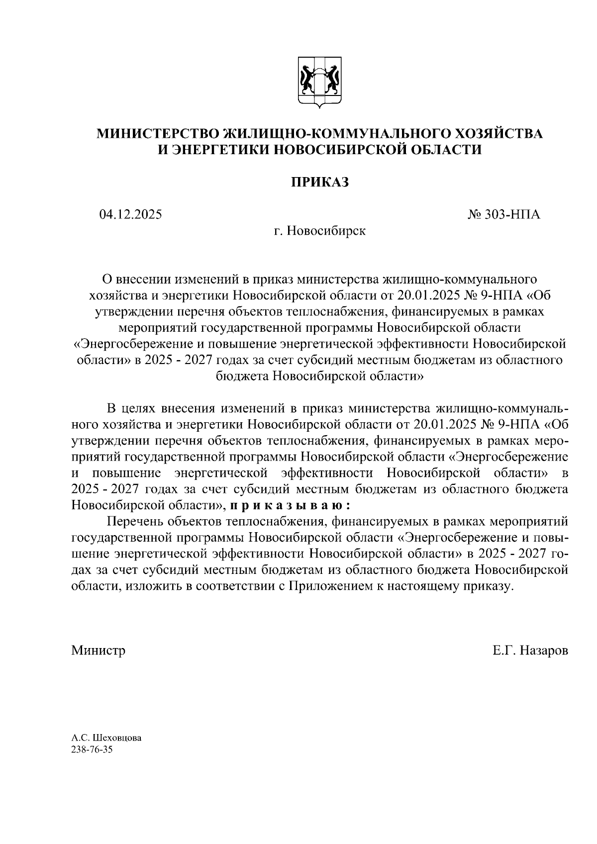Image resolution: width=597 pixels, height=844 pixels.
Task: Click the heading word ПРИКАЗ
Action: pos(319,183)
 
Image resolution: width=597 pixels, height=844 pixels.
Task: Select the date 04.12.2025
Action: pos(130,215)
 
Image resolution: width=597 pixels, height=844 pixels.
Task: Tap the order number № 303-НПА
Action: pos(503,215)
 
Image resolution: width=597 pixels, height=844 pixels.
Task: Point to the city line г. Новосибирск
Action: pos(319,231)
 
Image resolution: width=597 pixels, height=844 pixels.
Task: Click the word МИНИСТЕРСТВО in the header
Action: pos(158,133)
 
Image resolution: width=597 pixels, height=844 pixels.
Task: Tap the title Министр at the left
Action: pos(98,651)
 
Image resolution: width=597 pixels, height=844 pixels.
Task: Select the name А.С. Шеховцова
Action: pos(106,738)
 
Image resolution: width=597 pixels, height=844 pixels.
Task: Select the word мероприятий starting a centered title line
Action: pos(155,328)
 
